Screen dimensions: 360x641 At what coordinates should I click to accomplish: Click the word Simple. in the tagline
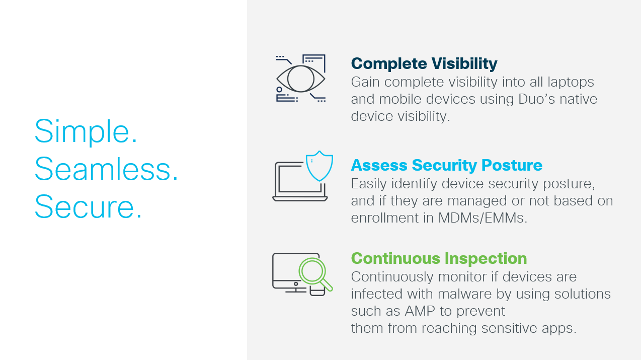point(86,132)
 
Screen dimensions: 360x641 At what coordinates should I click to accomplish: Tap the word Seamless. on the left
point(106,169)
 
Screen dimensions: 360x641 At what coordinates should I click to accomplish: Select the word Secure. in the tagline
point(88,206)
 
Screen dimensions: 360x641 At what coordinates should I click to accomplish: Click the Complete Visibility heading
point(424,64)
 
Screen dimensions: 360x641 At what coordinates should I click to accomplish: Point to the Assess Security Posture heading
point(446,165)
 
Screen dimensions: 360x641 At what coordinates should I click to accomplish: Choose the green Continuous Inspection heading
point(439,258)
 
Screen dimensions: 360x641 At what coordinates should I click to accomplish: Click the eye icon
point(300,79)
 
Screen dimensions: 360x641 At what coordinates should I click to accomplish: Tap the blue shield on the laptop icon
point(319,166)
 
